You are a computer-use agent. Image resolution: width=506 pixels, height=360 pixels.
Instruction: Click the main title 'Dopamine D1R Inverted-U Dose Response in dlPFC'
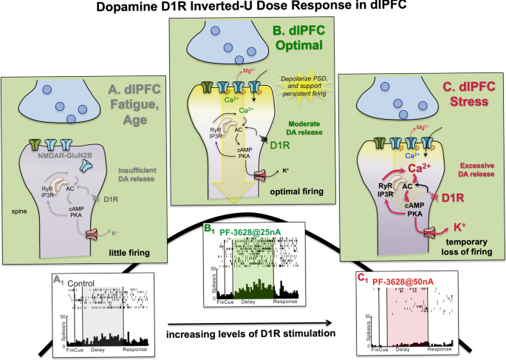pyautogui.click(x=253, y=10)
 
